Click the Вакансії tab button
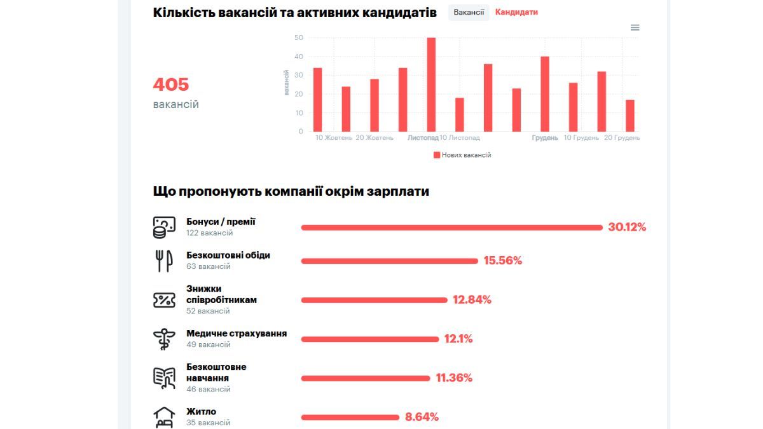pos(469,12)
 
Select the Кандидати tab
pos(516,12)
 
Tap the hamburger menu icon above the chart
pos(635,27)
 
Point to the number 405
pos(171,85)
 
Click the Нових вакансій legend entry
pos(462,155)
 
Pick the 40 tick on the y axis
pos(299,57)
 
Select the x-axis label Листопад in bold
pos(423,138)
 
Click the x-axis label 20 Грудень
pos(622,138)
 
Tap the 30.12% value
pos(627,227)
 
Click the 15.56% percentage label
pos(503,261)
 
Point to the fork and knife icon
pos(164,261)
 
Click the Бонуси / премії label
pos(221,222)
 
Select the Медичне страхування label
pos(237,334)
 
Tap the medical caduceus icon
pos(164,339)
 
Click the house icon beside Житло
pos(164,417)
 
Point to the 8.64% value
pos(422,417)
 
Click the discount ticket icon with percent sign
pos(164,300)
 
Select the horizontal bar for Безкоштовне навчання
pos(366,378)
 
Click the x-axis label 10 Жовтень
pos(334,138)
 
